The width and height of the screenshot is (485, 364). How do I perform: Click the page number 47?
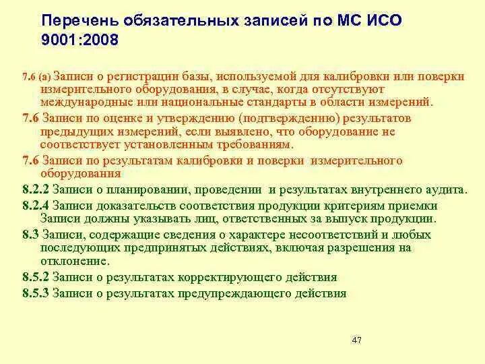coord(357,340)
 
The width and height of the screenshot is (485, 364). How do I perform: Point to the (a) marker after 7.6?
coord(44,77)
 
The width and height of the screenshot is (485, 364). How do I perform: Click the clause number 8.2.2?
coord(36,191)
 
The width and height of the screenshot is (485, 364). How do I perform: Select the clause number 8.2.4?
coord(36,206)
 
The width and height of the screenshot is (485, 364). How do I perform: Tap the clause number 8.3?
coord(30,235)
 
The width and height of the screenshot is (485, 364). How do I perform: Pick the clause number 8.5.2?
coord(36,277)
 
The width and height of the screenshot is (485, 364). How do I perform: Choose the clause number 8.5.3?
coord(36,293)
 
